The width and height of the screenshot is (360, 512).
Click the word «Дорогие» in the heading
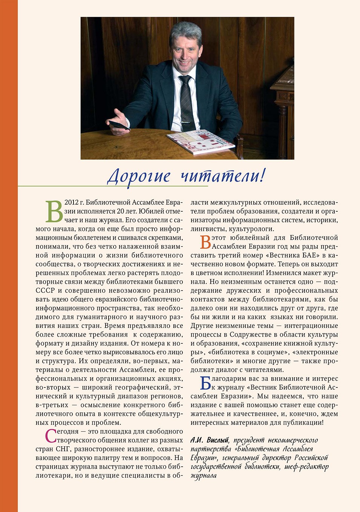[138, 176]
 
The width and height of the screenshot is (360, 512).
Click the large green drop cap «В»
[54, 211]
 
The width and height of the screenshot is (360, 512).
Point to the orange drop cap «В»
[205, 242]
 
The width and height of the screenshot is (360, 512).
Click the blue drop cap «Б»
[205, 383]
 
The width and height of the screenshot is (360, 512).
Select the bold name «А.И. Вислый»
[210, 440]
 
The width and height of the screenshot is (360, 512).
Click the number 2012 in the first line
[71, 203]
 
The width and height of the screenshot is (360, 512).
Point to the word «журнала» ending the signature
[204, 476]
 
